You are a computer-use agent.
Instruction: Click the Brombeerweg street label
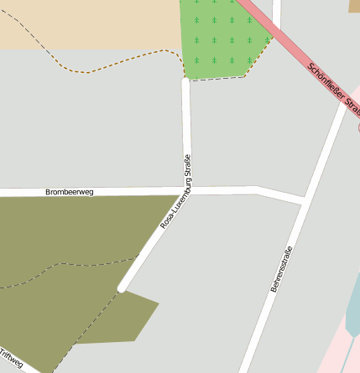(70, 192)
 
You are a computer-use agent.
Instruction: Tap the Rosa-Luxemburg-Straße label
(177, 193)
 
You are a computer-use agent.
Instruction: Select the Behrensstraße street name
(282, 269)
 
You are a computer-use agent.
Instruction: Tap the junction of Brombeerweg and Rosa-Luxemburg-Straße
(186, 191)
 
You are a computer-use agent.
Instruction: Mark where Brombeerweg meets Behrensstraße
(302, 201)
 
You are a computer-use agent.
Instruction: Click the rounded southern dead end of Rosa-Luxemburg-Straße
(123, 288)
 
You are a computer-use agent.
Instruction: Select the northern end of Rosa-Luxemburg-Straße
(185, 81)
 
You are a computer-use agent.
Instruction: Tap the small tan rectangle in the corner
(354, 6)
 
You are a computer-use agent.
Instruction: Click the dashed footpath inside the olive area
(67, 267)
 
